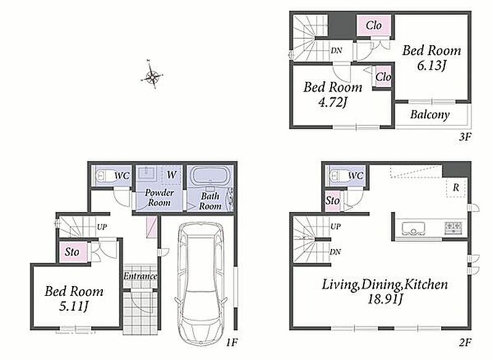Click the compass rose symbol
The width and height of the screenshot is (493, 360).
pyautogui.click(x=152, y=75)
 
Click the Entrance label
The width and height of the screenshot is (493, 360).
pyautogui.click(x=141, y=276)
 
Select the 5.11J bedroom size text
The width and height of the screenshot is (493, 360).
pyautogui.click(x=73, y=306)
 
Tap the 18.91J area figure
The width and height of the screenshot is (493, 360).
pyautogui.click(x=385, y=299)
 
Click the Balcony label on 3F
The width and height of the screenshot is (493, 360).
pyautogui.click(x=430, y=115)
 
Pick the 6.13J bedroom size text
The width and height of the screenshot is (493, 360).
pyautogui.click(x=432, y=66)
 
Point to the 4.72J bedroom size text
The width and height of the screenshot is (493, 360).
pyautogui.click(x=332, y=102)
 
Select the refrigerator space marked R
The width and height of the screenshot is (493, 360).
pyautogui.click(x=456, y=187)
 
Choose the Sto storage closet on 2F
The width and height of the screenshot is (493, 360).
pyautogui.click(x=333, y=200)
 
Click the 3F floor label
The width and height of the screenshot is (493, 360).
pyautogui.click(x=465, y=137)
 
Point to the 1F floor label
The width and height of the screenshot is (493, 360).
pyautogui.click(x=232, y=342)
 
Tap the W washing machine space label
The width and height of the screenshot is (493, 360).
pyautogui.click(x=172, y=174)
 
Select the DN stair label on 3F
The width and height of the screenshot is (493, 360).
pyautogui.click(x=336, y=51)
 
